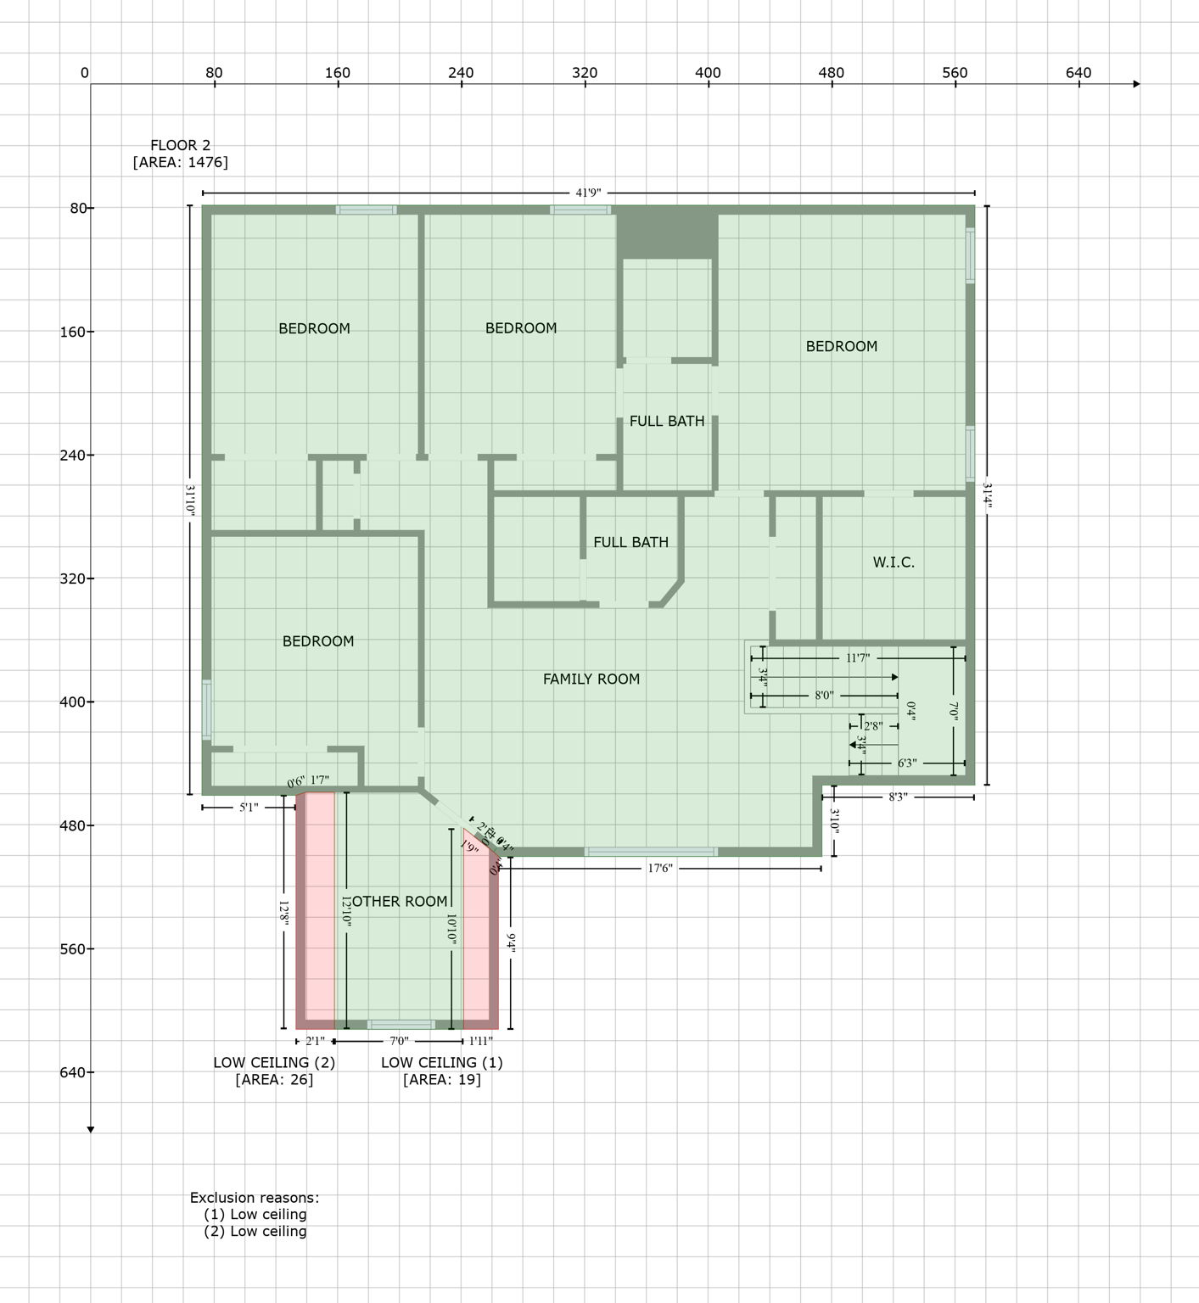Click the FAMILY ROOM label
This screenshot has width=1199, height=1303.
pyautogui.click(x=591, y=679)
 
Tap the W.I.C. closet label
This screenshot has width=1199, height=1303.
pyautogui.click(x=894, y=562)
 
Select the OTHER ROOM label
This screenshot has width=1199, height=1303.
pyautogui.click(x=399, y=901)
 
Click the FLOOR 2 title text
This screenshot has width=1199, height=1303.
pyautogui.click(x=180, y=145)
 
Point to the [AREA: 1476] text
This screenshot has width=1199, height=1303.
pyautogui.click(x=180, y=162)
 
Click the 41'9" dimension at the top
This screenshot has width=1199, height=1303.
pyautogui.click(x=588, y=193)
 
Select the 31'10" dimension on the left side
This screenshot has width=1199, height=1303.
pyautogui.click(x=190, y=501)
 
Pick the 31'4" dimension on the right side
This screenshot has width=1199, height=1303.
pyautogui.click(x=987, y=495)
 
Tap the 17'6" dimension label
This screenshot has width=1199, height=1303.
pyautogui.click(x=659, y=869)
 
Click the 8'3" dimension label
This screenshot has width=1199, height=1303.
pyautogui.click(x=898, y=797)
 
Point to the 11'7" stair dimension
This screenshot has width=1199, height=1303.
pyautogui.click(x=857, y=658)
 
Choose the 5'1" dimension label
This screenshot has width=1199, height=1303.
pyautogui.click(x=248, y=808)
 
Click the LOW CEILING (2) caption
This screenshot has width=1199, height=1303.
pyautogui.click(x=273, y=1062)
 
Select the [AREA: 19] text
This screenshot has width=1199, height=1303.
pyautogui.click(x=441, y=1080)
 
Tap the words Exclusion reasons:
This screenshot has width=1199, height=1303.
pyautogui.click(x=255, y=1198)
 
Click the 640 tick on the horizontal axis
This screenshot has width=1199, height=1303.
pyautogui.click(x=1078, y=73)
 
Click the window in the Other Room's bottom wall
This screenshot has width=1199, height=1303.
pyautogui.click(x=401, y=1025)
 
